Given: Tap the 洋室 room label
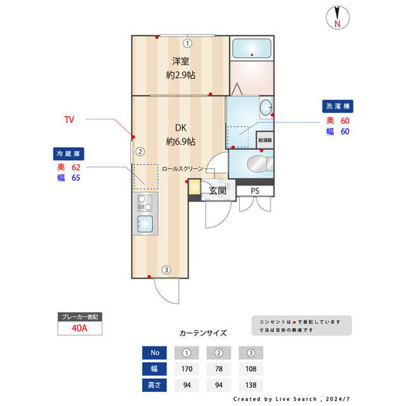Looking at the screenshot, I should click(x=180, y=62).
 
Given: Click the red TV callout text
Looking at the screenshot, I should click(x=70, y=119).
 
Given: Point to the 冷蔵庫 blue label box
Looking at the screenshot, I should click(x=69, y=154).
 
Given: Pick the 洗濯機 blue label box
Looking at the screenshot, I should click(x=337, y=107).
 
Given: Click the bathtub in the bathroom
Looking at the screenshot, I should click(x=251, y=49).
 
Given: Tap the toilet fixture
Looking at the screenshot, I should click(x=257, y=163).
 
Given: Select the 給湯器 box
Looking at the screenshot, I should click(x=265, y=139).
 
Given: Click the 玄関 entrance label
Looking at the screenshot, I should click(x=218, y=190).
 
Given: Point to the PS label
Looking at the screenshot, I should click(x=254, y=190).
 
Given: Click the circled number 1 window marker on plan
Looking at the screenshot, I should click(x=187, y=43).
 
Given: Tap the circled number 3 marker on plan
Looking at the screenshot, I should click(x=166, y=270).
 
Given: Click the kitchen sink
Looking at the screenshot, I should click(x=145, y=224).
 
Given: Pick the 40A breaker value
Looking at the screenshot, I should click(x=79, y=328).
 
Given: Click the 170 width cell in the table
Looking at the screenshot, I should click(x=187, y=369).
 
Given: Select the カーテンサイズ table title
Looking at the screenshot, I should click(x=203, y=332).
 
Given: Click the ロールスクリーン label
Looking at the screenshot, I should click(x=182, y=169).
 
